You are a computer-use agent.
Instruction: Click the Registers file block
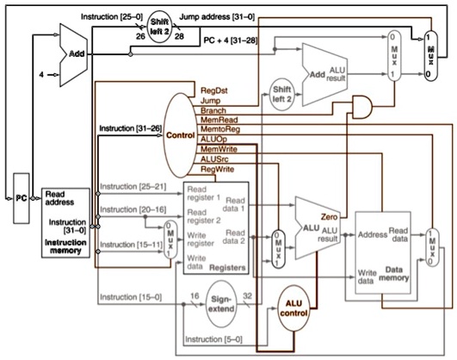pos(215,229)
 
